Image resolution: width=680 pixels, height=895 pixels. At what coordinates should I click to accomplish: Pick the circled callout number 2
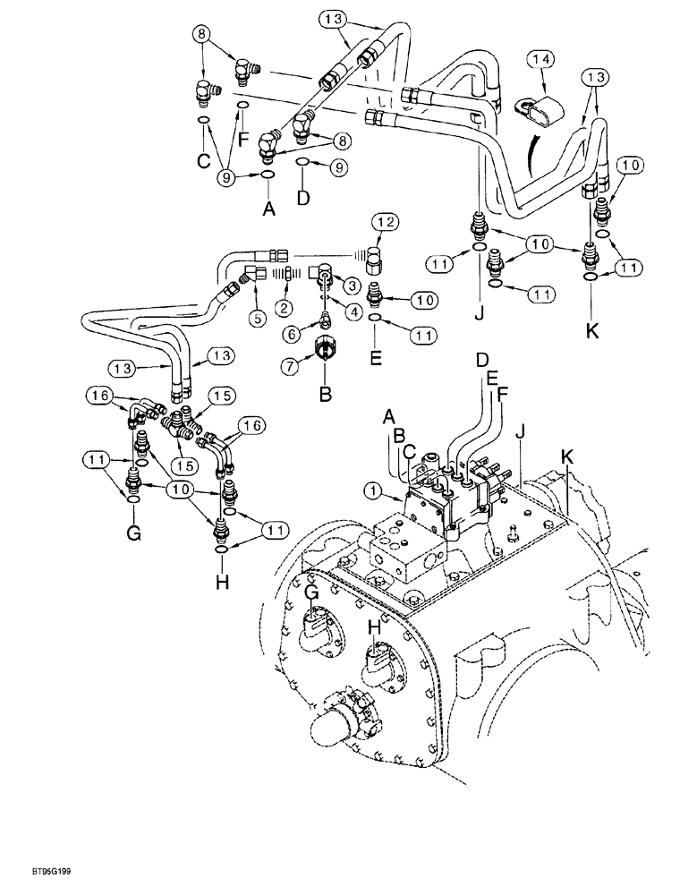click(x=283, y=308)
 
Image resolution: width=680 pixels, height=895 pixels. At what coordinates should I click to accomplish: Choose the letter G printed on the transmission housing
click(x=311, y=594)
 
